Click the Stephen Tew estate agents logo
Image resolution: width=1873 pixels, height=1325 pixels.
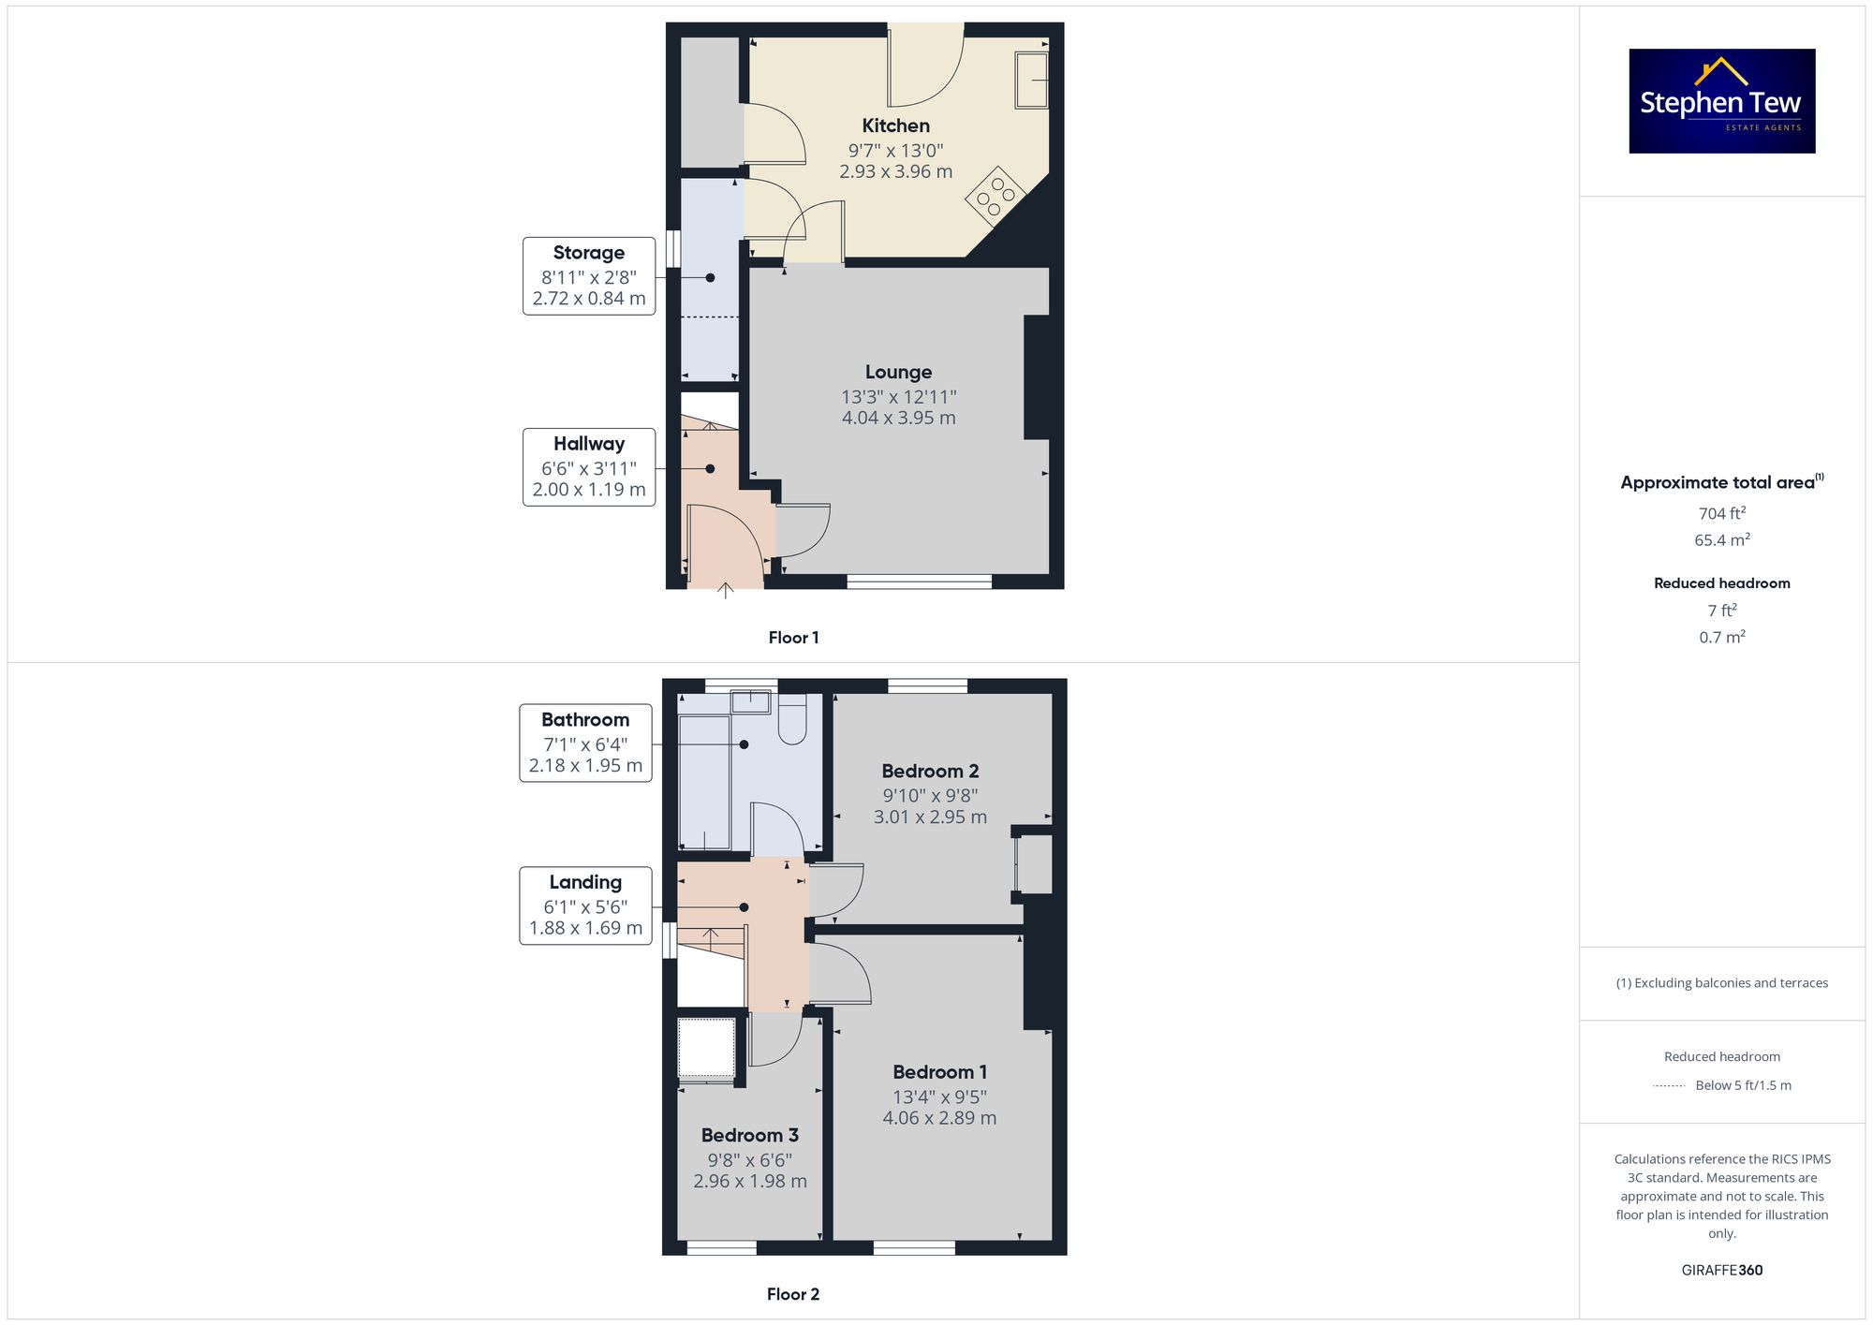[1721, 101]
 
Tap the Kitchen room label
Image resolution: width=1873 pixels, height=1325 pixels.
[895, 125]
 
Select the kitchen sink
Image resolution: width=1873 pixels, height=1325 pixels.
[1031, 80]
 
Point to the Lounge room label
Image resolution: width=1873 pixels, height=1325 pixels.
[898, 372]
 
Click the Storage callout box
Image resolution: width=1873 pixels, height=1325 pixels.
[588, 275]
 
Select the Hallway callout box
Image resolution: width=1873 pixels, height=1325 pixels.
[588, 466]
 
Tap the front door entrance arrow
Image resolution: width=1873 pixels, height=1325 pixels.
[725, 590]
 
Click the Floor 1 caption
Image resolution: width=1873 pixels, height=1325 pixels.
[793, 638]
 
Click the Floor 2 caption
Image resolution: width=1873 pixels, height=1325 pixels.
[792, 1294]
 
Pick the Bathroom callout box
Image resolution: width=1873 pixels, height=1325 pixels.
[585, 743]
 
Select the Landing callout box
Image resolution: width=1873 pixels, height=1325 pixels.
[585, 905]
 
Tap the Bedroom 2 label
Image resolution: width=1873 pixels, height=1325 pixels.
[930, 771]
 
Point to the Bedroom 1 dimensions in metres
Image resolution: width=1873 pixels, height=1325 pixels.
[939, 1118]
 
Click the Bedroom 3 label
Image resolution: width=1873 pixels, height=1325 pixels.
[749, 1135]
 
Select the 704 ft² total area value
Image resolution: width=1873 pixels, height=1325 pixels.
[1721, 513]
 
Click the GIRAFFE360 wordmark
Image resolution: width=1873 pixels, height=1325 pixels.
[1721, 1270]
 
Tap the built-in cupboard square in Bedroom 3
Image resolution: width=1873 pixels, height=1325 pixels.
[706, 1048]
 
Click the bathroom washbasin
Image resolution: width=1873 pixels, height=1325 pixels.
[750, 701]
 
